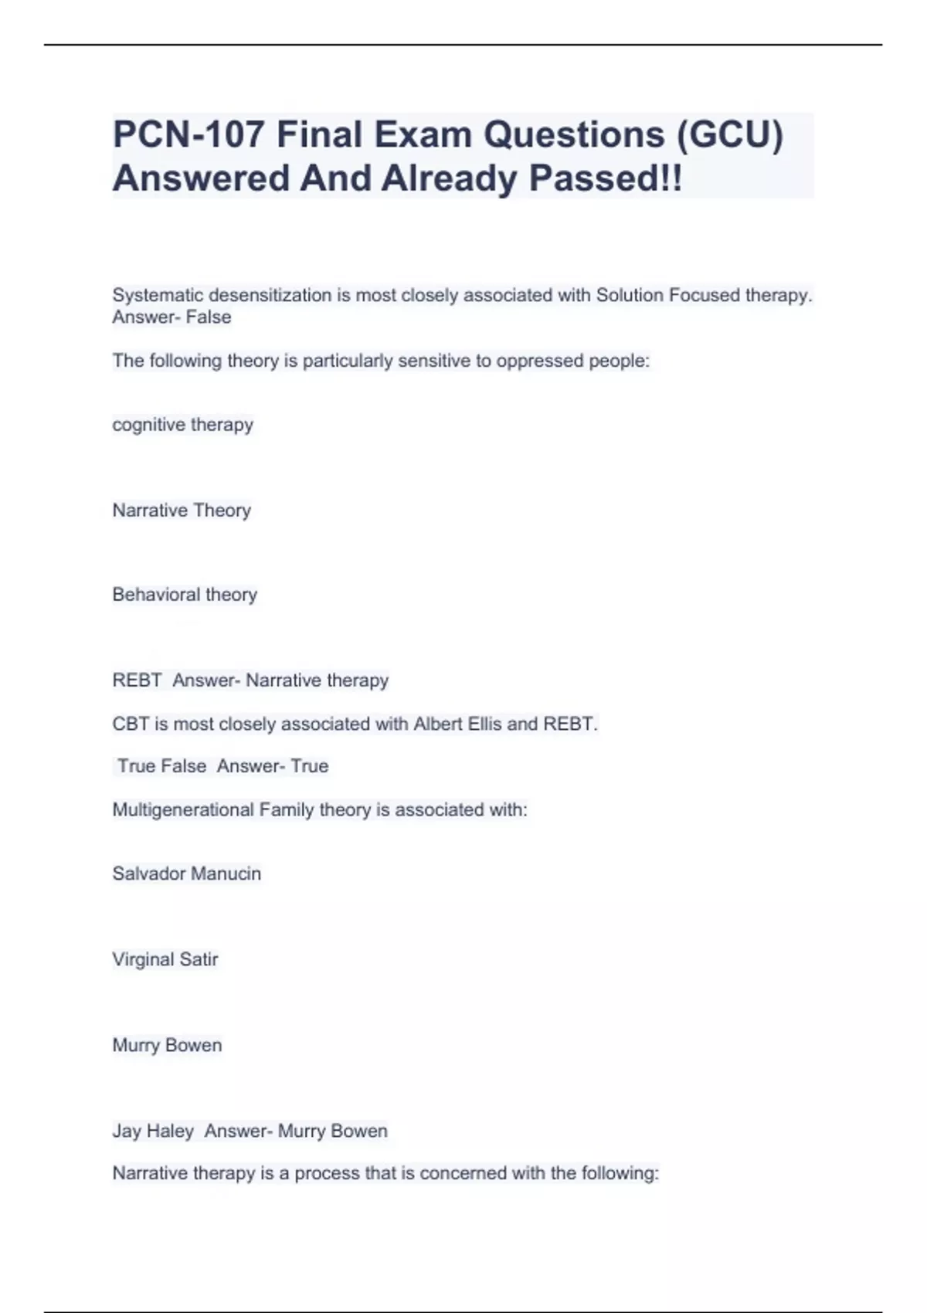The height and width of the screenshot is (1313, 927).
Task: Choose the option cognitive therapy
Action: [182, 425]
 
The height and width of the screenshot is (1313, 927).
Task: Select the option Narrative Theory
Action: [182, 511]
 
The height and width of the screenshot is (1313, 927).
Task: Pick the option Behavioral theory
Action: [185, 595]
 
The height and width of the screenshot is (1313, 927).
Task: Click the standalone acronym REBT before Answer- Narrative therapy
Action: [137, 680]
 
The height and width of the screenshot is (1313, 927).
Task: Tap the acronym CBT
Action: [130, 724]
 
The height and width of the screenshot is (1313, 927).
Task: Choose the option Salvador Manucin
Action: [186, 874]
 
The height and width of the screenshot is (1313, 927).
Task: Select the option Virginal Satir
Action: [165, 959]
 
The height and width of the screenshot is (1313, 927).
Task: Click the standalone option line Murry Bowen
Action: [167, 1045]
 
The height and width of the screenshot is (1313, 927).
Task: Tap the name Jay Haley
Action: [153, 1131]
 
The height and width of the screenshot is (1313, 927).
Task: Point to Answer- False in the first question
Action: [171, 317]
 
